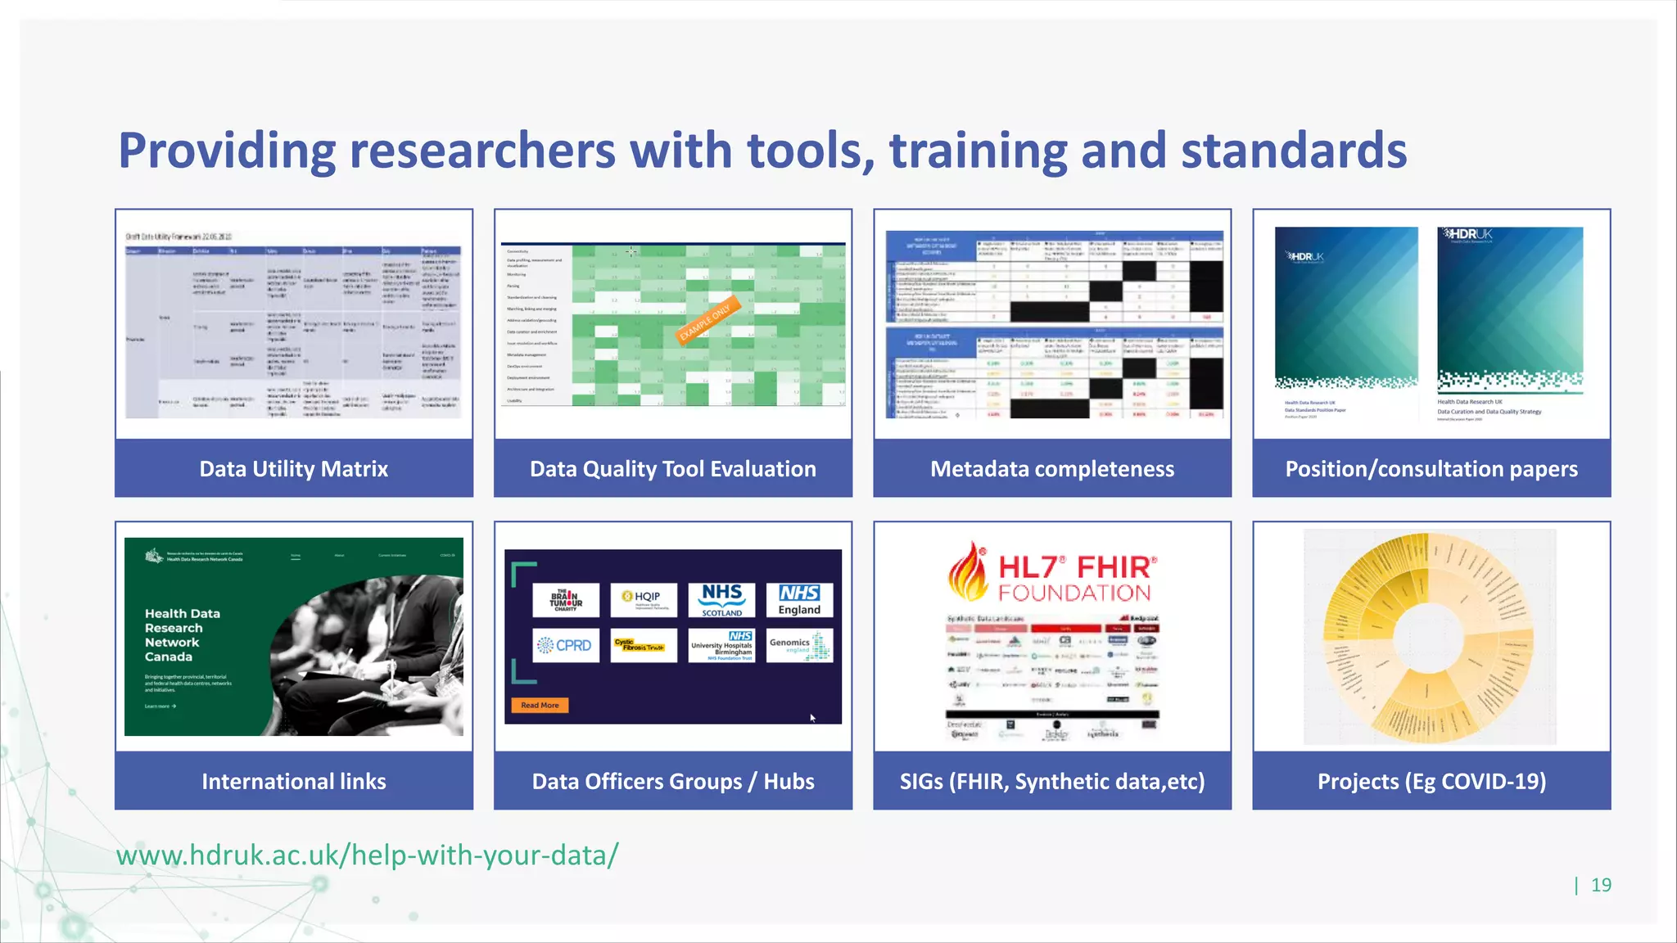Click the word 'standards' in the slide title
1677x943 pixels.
pyautogui.click(x=1293, y=151)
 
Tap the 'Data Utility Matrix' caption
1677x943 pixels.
pyautogui.click(x=293, y=469)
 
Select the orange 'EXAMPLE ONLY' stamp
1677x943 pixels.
pyautogui.click(x=707, y=320)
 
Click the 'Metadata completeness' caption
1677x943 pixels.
pyautogui.click(x=1051, y=469)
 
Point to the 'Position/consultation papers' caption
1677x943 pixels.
pyautogui.click(x=1431, y=469)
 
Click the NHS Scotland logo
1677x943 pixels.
pyautogui.click(x=721, y=600)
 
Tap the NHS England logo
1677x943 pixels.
pyautogui.click(x=799, y=600)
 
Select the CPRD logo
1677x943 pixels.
pyautogui.click(x=565, y=646)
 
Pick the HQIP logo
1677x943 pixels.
pyautogui.click(x=644, y=600)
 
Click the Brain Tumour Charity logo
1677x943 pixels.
pyautogui.click(x=565, y=600)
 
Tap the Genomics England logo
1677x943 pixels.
pyautogui.click(x=799, y=646)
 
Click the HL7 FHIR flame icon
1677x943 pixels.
pyautogui.click(x=968, y=572)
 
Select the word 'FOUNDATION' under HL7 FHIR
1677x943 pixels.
pyautogui.click(x=1074, y=593)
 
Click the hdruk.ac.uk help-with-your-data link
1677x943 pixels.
pyautogui.click(x=367, y=855)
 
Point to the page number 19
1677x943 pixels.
pyautogui.click(x=1601, y=885)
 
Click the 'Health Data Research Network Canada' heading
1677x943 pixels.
pyautogui.click(x=182, y=635)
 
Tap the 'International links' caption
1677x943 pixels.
pyautogui.click(x=293, y=782)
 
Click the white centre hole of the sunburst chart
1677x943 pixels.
pyautogui.click(x=1429, y=636)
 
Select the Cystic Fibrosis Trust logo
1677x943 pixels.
pyautogui.click(x=644, y=646)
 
